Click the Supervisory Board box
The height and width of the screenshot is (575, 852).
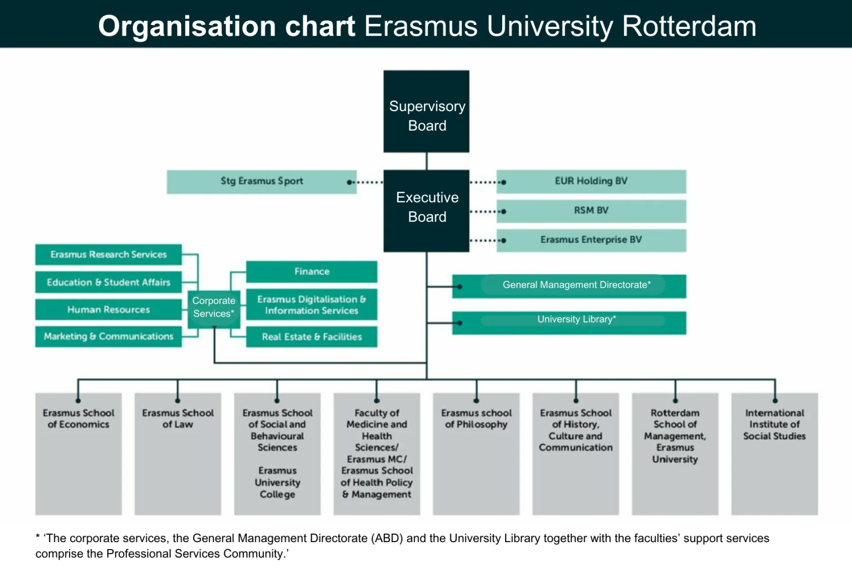click(426, 112)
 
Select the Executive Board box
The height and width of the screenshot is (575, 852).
click(426, 211)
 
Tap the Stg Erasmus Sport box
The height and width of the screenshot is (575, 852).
click(262, 182)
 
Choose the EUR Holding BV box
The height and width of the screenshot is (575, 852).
click(591, 182)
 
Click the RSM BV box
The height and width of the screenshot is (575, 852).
click(591, 211)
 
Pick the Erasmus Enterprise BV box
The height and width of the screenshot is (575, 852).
click(591, 240)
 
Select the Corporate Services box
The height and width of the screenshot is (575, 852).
click(214, 309)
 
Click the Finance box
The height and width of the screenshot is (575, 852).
click(312, 272)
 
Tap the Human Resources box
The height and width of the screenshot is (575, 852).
click(108, 310)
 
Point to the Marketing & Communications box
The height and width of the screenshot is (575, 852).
click(108, 336)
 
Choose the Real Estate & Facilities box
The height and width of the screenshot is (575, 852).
click(312, 337)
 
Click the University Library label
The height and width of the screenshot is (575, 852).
click(577, 319)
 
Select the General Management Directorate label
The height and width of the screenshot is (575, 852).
click(577, 285)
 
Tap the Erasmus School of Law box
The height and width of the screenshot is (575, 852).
click(178, 454)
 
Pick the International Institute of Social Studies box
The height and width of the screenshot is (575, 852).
click(775, 454)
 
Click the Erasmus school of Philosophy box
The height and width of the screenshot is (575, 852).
click(476, 454)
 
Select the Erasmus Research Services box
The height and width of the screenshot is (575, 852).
click(108, 255)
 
